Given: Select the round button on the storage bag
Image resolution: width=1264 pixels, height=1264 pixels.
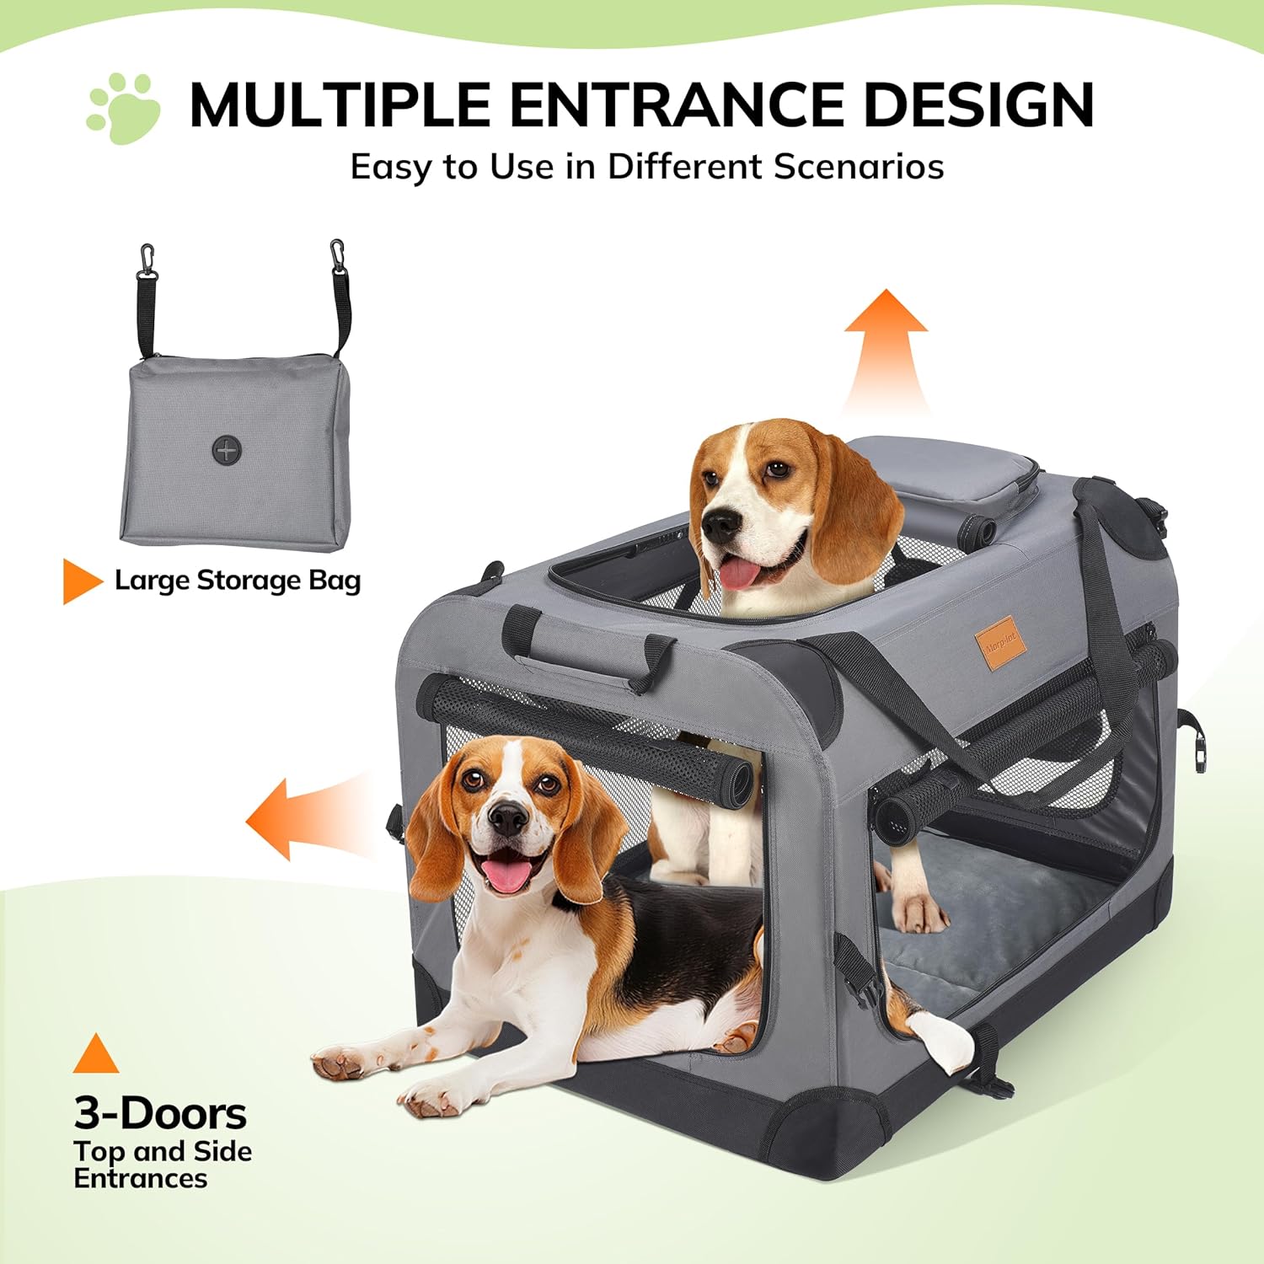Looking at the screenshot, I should pos(227,450).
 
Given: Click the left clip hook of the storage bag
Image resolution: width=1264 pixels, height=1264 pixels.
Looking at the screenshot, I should pos(147,260).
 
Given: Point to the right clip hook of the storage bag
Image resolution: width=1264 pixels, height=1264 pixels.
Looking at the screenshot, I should pos(338,255).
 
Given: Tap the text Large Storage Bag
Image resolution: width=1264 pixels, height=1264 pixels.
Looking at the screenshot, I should pos(238,581).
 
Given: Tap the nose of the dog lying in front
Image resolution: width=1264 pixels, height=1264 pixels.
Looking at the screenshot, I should pos(508,817).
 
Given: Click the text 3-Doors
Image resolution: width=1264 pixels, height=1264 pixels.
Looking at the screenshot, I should pos(160,1113).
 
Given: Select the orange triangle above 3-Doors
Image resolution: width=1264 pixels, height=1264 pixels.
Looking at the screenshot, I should pos(96,1056).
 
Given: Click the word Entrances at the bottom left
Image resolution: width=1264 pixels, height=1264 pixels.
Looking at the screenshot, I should pos(141,1178).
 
